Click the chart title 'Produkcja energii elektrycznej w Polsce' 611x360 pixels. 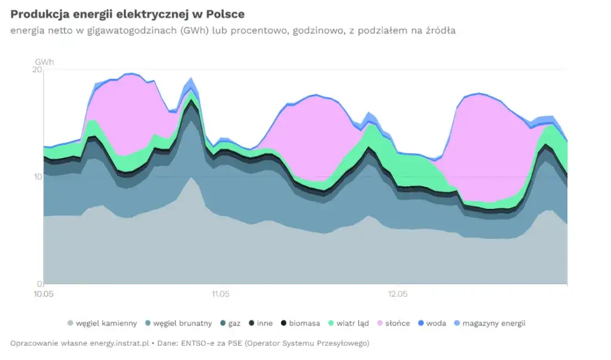tap(127, 13)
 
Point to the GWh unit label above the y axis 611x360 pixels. tap(44, 61)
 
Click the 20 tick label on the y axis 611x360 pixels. tap(37, 70)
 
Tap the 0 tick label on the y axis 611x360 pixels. tap(39, 284)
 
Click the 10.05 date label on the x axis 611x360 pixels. tap(44, 294)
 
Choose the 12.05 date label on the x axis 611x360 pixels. tap(398, 294)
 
